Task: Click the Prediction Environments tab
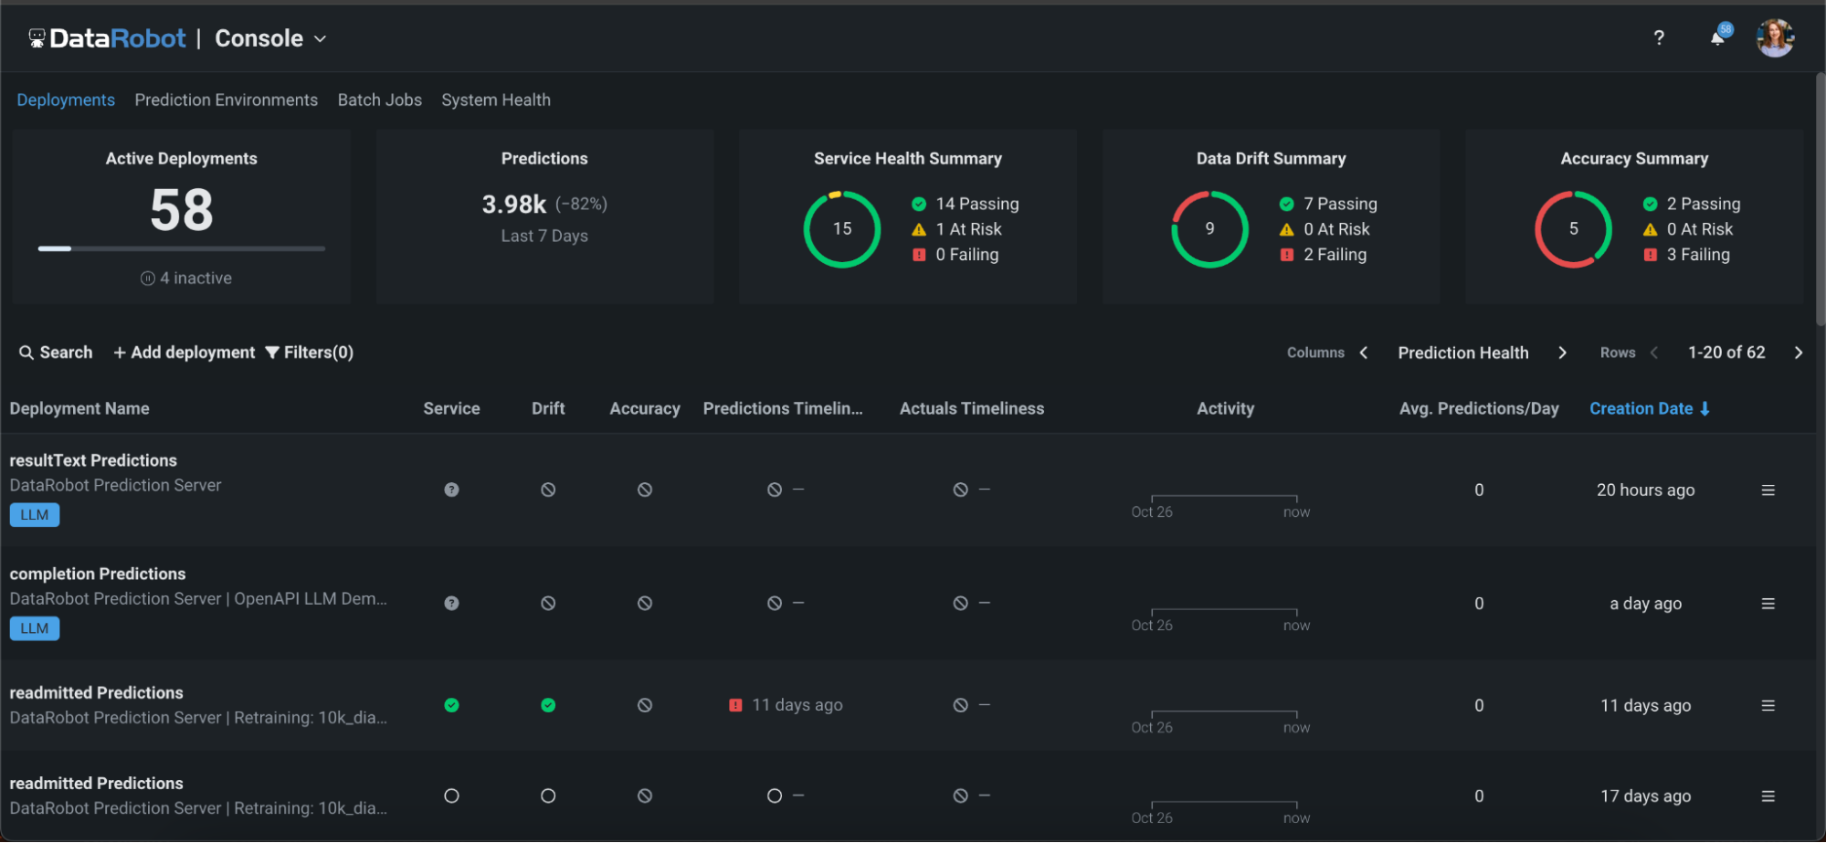[226, 100]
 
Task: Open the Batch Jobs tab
[379, 100]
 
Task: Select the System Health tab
[495, 100]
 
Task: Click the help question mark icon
[1658, 37]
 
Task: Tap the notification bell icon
[1717, 37]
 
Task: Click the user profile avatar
[1774, 37]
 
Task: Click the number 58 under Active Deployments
[181, 210]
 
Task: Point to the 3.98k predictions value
[514, 204]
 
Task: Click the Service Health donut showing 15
[841, 228]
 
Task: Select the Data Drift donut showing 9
[1209, 228]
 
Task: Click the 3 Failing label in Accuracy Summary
[1697, 255]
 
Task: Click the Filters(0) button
[309, 353]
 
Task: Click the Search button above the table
[56, 353]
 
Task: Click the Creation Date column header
[1641, 408]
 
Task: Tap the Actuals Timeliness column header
[971, 408]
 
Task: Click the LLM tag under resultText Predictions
[35, 515]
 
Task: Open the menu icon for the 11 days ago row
[1768, 705]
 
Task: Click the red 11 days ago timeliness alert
[786, 705]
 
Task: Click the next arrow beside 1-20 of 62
[1798, 353]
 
